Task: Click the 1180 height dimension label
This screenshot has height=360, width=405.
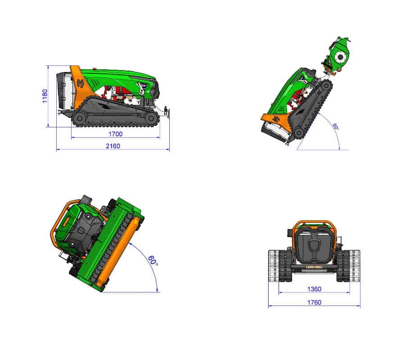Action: pyautogui.click(x=45, y=96)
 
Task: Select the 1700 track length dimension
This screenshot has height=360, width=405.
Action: pyautogui.click(x=116, y=134)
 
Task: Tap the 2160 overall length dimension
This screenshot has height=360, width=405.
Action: pyautogui.click(x=113, y=146)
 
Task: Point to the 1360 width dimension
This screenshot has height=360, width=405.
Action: pyautogui.click(x=315, y=289)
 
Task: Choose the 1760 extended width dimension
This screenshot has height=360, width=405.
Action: pyautogui.click(x=315, y=302)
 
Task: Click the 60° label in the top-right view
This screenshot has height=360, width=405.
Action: pyautogui.click(x=335, y=126)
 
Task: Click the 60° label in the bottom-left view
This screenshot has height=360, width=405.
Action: pyautogui.click(x=153, y=261)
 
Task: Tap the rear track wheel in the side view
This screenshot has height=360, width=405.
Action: pyautogui.click(x=80, y=118)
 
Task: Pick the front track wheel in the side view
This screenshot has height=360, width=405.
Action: pyautogui.click(x=150, y=118)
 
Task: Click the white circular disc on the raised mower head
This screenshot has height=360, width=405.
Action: pyautogui.click(x=341, y=57)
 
